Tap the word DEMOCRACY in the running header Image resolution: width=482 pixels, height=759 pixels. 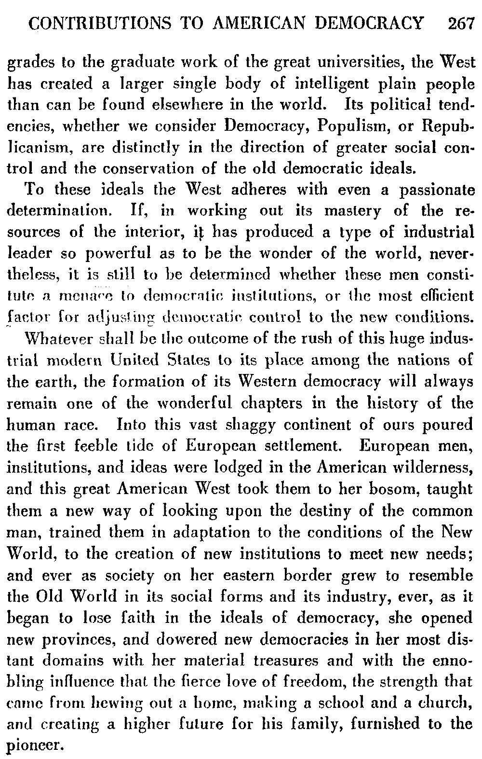[x=378, y=23]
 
